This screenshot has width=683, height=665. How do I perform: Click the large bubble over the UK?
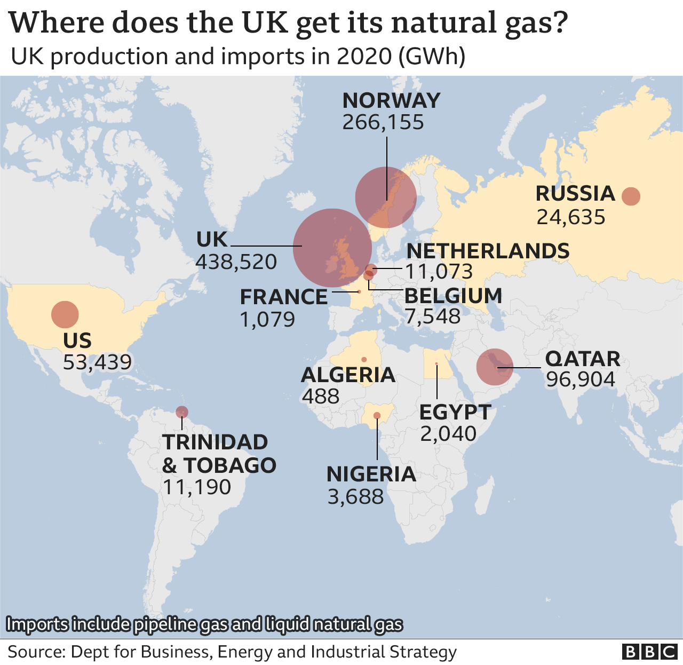pos(332,248)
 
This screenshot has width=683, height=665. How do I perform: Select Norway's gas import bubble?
pos(386,197)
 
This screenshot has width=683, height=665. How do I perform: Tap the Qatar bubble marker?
pos(495,367)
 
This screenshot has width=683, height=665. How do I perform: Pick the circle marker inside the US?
pos(65,314)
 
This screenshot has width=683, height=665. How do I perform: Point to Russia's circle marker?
pos(631,196)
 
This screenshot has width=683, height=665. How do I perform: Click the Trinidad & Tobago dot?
pos(182,412)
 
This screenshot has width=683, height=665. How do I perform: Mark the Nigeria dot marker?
pos(377,415)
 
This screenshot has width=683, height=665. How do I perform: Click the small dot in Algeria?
pos(364,359)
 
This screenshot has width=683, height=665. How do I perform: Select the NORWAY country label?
pos(391,100)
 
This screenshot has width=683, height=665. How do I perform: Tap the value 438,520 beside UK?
pos(236,262)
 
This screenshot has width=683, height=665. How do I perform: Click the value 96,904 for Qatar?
pos(581,379)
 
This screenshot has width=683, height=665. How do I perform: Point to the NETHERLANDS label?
pos(488,251)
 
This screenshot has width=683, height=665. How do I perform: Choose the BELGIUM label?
pos(453,296)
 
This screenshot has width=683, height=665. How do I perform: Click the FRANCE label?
pos(283,297)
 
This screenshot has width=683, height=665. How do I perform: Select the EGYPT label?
pos(455,412)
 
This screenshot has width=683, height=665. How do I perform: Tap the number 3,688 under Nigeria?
pos(355,497)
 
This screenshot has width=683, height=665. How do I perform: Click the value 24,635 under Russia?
pos(570,217)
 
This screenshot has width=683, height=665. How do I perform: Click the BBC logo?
pos(649,652)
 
